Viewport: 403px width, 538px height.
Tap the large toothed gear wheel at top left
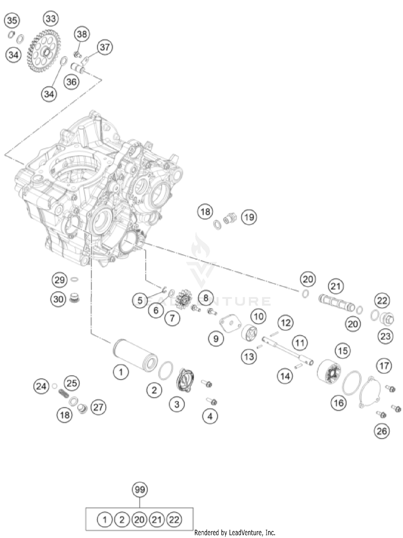(44, 51)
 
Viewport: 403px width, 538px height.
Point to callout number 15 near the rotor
(343, 351)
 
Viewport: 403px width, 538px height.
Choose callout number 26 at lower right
(382, 431)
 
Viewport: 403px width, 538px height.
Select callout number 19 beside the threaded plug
(249, 217)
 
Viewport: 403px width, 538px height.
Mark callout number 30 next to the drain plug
(58, 299)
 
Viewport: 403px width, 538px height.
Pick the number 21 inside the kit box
(157, 519)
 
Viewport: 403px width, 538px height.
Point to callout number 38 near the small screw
(82, 34)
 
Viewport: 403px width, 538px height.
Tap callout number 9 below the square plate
(216, 339)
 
